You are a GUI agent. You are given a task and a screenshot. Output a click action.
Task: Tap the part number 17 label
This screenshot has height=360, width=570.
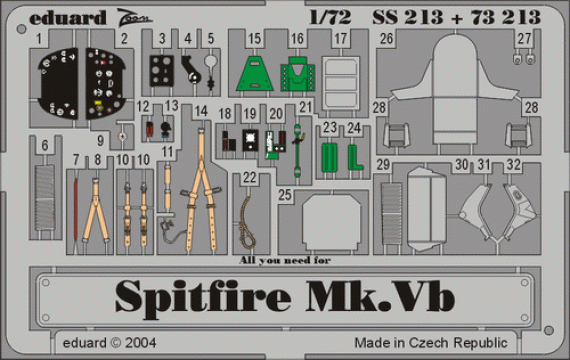coord(341,38)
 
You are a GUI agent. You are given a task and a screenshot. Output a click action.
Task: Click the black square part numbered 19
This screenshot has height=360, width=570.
coord(250,141)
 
